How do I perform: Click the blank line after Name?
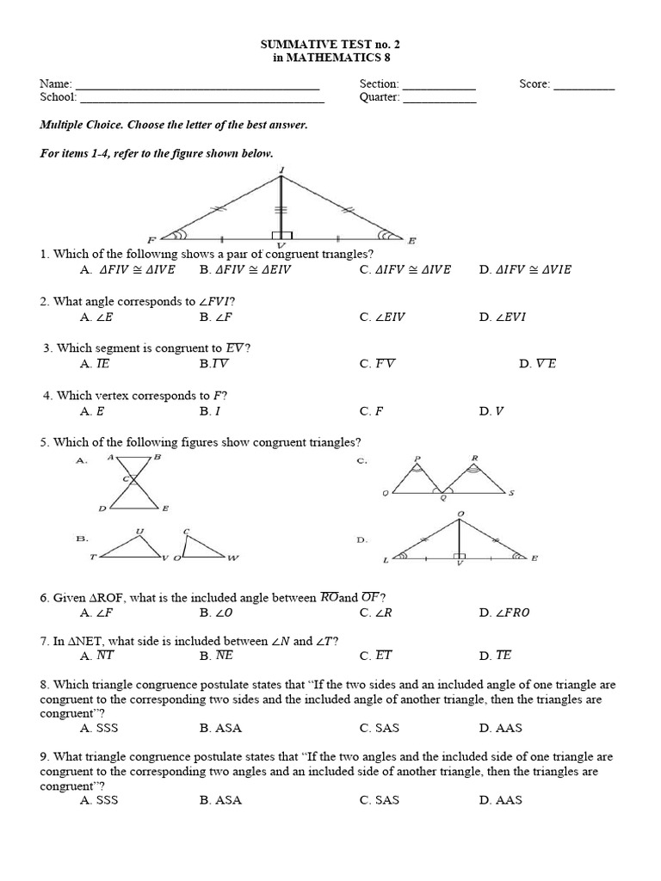click(197, 86)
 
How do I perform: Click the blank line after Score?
click(584, 86)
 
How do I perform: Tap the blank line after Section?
click(439, 86)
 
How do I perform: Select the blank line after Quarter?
click(439, 100)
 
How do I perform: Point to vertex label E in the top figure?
click(412, 240)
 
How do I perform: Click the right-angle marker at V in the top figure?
click(282, 236)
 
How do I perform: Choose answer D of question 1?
click(525, 269)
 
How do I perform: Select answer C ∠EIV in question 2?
click(383, 317)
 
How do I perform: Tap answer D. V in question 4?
click(491, 411)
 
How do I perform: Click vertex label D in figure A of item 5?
click(102, 508)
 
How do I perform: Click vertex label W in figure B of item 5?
click(233, 558)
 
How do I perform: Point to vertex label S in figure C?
click(511, 493)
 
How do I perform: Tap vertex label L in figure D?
click(386, 560)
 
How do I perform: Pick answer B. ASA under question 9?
click(220, 800)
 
